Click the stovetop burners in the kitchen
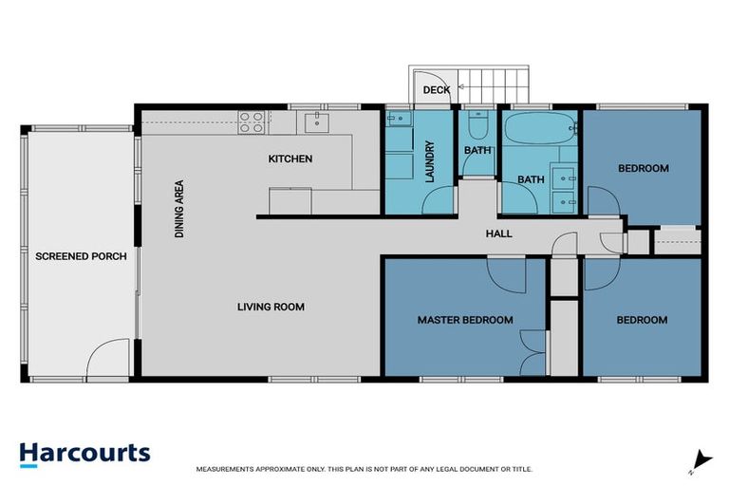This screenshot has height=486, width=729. (x=251, y=120)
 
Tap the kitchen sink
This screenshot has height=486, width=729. (x=314, y=121)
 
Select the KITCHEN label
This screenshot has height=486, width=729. (x=290, y=159)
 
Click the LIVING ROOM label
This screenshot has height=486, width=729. (x=271, y=307)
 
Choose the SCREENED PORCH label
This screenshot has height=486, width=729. (x=81, y=256)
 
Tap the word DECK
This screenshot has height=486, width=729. (x=436, y=90)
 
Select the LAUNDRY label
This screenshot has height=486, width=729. (x=430, y=161)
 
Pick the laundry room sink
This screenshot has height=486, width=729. (x=398, y=119)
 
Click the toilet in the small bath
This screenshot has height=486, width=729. (x=477, y=126)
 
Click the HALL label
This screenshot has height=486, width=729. (x=499, y=233)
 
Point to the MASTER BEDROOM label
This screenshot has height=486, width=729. (x=465, y=320)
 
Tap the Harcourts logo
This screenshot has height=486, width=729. (x=84, y=452)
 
